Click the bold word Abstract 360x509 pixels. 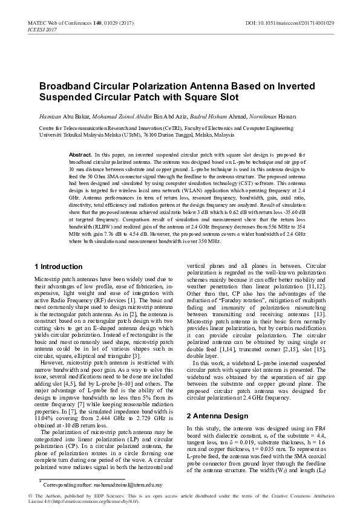coord(80,155)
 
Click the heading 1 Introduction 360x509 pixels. coord(58,267)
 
